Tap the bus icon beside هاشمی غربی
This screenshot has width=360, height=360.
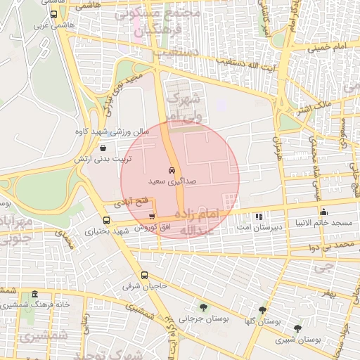tap(54, 15)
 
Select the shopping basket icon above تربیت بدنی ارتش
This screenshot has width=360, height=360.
tap(104, 148)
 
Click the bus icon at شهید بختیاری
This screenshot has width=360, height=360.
tap(105, 219)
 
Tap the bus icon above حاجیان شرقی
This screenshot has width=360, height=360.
tap(144, 275)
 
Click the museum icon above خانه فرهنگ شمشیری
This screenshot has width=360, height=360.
tap(35, 293)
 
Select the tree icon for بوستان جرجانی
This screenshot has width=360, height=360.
tap(203, 307)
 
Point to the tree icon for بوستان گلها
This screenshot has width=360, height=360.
tap(262, 309)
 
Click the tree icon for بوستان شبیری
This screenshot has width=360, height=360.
tap(297, 328)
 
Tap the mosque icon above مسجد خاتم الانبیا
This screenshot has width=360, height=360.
tap(323, 212)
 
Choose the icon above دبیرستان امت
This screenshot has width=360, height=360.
tap(259, 216)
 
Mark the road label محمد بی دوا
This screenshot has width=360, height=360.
tap(333, 246)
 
